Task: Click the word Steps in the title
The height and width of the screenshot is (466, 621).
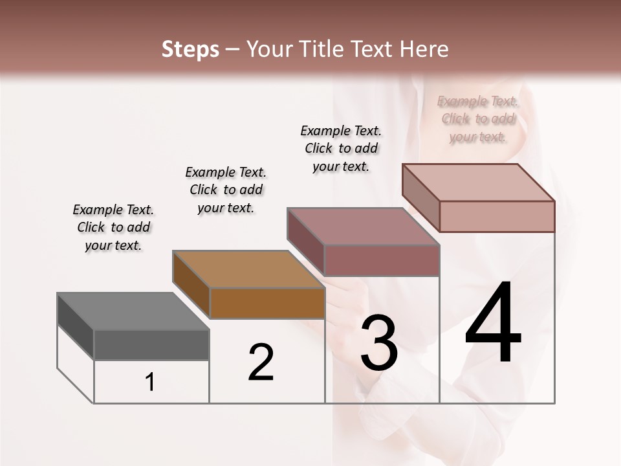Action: tap(190, 49)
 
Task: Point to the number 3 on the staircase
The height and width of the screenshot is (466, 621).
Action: tap(378, 343)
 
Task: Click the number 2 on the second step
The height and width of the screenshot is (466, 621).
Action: tap(261, 362)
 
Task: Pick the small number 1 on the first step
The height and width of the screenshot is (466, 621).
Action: tap(150, 383)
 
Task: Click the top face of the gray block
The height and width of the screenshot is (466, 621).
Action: tap(133, 311)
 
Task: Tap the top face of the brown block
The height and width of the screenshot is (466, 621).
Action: tap(248, 269)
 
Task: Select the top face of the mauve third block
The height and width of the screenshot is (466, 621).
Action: tap(363, 227)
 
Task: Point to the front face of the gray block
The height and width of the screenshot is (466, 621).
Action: tap(151, 345)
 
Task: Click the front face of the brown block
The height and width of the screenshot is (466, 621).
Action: tap(267, 303)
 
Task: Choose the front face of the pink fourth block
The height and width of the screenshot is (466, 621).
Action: tap(497, 216)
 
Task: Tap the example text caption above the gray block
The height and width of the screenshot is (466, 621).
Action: tap(113, 228)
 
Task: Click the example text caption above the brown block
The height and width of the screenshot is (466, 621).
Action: tap(226, 190)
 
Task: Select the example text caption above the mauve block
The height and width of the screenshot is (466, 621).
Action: tap(341, 148)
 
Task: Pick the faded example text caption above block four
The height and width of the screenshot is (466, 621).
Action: tap(478, 119)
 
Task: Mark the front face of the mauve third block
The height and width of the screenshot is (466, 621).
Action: tap(382, 260)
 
